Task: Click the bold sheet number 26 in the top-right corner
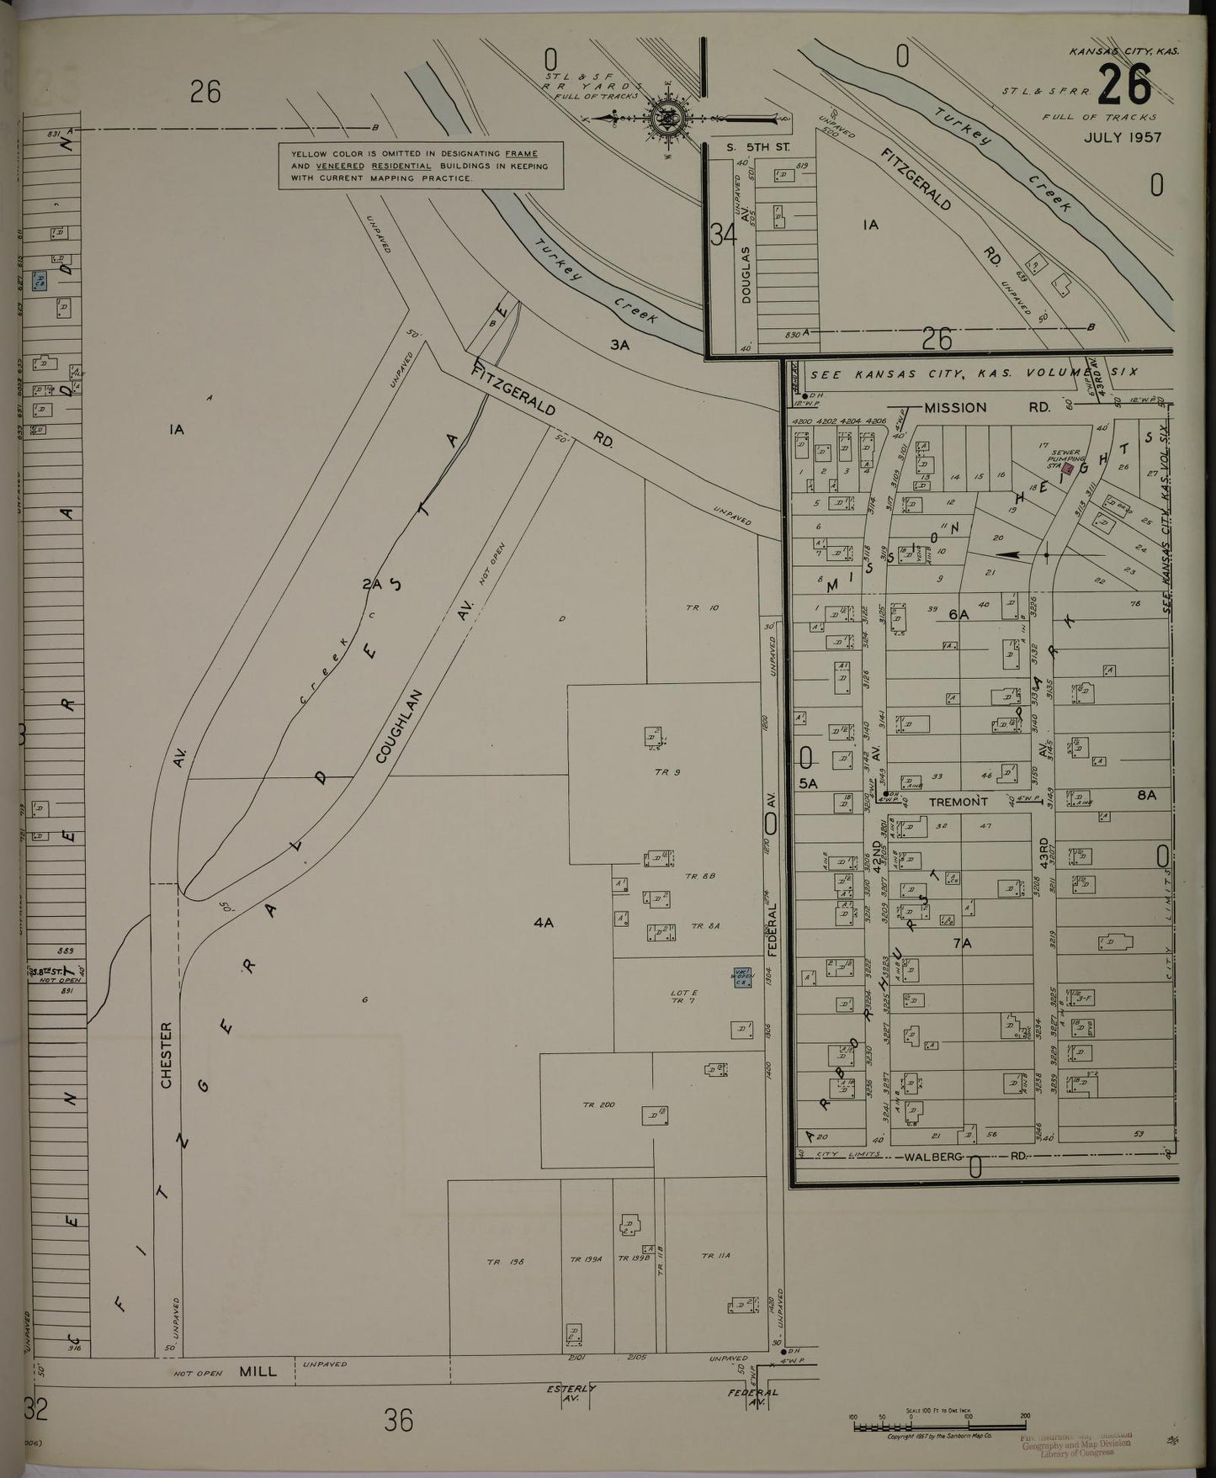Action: coord(1124,85)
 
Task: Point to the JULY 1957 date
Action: coord(1122,137)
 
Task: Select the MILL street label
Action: coord(258,1371)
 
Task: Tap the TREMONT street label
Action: coord(958,802)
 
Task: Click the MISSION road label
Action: coord(955,407)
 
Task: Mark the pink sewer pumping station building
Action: coord(1069,468)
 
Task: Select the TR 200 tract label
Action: coord(599,1105)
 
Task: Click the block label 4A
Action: coord(543,923)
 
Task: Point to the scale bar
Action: coord(938,1417)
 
